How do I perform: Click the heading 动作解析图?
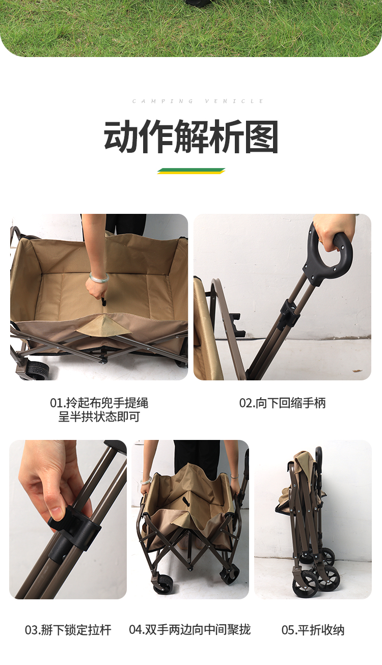pyautogui.click(x=190, y=137)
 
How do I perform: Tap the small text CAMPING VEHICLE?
pyautogui.click(x=198, y=101)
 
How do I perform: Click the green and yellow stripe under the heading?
pyautogui.click(x=191, y=171)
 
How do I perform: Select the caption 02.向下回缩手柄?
pyautogui.click(x=283, y=403)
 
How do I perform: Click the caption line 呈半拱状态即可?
pyautogui.click(x=99, y=417)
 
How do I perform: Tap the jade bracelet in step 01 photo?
pyautogui.click(x=99, y=278)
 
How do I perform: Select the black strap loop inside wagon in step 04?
pyautogui.click(x=186, y=501)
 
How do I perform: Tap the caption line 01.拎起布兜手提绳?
pyautogui.click(x=99, y=403)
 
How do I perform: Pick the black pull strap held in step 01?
pyautogui.click(x=104, y=301)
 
